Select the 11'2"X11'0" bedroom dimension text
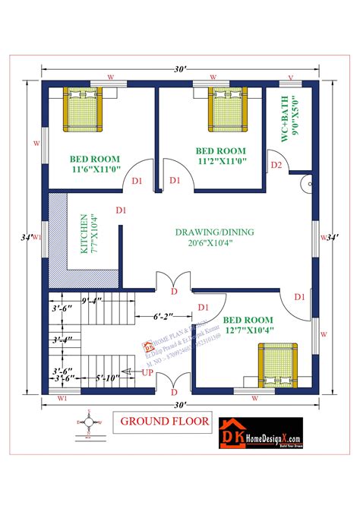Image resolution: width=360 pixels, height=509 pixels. pyautogui.click(x=220, y=160)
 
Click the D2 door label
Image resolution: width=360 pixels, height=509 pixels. pyautogui.click(x=276, y=165)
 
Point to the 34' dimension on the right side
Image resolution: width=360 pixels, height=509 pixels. pyautogui.click(x=331, y=238)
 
